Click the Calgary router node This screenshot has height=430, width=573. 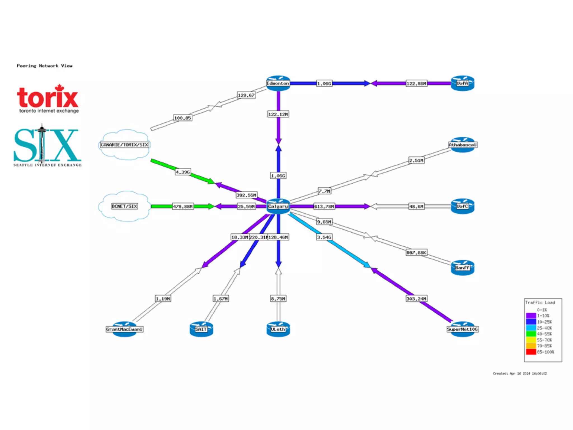click(x=278, y=206)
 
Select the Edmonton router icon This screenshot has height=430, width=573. click(x=278, y=83)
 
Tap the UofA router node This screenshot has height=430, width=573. click(x=462, y=83)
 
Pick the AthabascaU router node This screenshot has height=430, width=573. click(x=462, y=145)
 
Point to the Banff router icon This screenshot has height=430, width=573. click(x=462, y=268)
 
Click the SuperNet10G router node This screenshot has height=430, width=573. click(x=462, y=329)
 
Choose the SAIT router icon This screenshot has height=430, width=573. click(x=201, y=329)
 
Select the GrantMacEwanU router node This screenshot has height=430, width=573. click(x=125, y=329)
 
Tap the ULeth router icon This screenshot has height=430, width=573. click(x=278, y=329)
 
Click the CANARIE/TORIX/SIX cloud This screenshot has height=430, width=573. click(x=125, y=145)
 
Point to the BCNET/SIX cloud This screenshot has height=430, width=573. click(x=125, y=206)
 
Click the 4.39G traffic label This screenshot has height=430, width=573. click(x=183, y=172)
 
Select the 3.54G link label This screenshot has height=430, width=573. click(x=324, y=237)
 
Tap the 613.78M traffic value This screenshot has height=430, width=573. click(x=324, y=207)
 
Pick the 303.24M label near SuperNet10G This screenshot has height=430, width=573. click(x=416, y=299)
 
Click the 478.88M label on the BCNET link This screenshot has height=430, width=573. click(x=183, y=207)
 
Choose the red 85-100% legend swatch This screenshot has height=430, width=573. click(x=531, y=352)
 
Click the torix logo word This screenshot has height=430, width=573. click(x=48, y=97)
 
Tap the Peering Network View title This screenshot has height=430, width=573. click(x=44, y=66)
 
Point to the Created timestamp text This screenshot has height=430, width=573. click(x=520, y=373)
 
